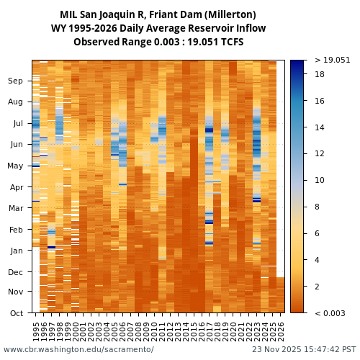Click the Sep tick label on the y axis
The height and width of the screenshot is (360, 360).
tap(16, 81)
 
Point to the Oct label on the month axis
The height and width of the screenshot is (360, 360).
tap(16, 312)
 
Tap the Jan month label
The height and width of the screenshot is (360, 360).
tap(16, 251)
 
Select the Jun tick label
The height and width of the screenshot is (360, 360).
tap(16, 145)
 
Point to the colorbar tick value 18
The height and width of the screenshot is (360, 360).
tap(319, 74)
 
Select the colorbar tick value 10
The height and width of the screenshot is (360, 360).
tap(319, 180)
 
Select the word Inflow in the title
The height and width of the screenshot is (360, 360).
tap(248, 28)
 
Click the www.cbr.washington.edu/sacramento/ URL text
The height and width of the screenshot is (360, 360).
tap(78, 350)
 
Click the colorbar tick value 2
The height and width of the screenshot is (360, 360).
tap(317, 287)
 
